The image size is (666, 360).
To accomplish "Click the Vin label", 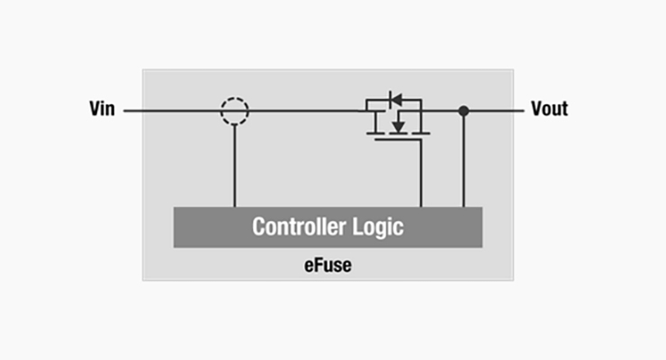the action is coord(102,109).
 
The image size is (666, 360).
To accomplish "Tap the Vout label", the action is coord(549,109).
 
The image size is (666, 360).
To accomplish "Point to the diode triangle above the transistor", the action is coord(396,100).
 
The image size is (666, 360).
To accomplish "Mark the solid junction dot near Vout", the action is coord(463,111).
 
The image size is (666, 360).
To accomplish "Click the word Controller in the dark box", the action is coord(294,226).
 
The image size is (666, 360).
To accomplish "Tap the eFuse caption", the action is coord(328,265).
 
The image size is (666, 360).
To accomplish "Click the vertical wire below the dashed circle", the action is coord(235,166).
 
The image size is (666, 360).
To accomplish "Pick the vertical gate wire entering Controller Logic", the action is coord(421,174).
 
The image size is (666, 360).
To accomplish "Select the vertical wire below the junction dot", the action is coord(463,162).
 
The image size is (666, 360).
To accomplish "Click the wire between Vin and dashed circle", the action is coord(172,111).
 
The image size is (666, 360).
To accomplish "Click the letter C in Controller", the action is coord(258,226).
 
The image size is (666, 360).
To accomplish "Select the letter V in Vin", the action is coord(95,109).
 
